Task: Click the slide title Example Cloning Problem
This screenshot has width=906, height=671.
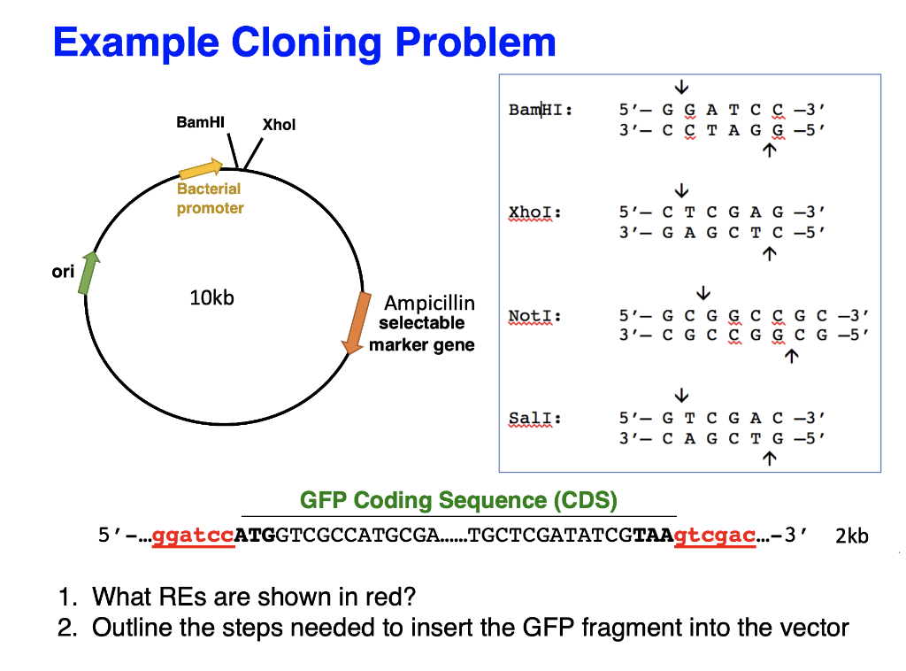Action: point(304,42)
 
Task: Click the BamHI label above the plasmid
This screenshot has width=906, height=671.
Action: point(200,122)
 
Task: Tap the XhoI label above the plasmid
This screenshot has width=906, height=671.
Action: point(279,125)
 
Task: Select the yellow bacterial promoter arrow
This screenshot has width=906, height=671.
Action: point(201,168)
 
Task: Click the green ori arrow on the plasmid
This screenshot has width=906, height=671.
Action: point(88,272)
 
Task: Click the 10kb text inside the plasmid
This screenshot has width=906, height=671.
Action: point(212,297)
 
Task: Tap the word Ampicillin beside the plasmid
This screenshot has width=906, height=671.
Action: point(429,303)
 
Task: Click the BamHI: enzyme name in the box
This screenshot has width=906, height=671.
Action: point(540,110)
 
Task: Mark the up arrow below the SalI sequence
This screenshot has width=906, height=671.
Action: point(770,458)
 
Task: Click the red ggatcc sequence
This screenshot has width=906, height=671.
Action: point(193,536)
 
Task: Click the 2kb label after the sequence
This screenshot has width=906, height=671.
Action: point(851,536)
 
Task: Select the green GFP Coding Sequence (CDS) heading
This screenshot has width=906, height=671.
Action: point(458,500)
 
